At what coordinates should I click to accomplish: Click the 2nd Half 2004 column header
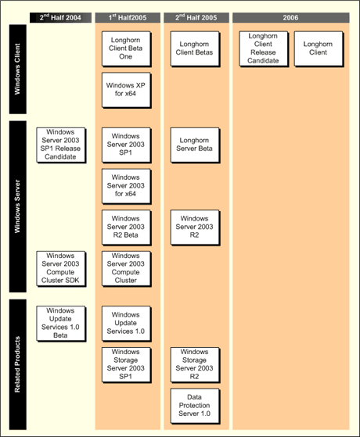[x=60, y=17]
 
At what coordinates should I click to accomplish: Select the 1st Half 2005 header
[x=128, y=17]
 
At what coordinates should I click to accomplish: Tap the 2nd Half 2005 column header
[x=196, y=17]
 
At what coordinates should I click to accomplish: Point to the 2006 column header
[x=291, y=17]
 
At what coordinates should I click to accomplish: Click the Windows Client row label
[x=18, y=69]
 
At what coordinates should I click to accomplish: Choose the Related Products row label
[x=18, y=364]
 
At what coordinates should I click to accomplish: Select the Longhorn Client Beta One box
[x=127, y=49]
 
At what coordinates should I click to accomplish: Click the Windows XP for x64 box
[x=127, y=90]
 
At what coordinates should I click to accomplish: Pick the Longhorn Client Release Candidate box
[x=264, y=49]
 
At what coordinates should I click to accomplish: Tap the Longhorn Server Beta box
[x=195, y=145]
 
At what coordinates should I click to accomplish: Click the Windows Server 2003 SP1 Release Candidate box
[x=61, y=145]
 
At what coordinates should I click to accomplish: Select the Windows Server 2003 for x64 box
[x=127, y=186]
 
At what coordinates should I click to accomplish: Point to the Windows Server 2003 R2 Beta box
[x=127, y=227]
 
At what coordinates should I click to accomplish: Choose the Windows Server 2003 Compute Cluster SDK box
[x=61, y=269]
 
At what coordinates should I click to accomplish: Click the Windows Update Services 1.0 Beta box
[x=61, y=324]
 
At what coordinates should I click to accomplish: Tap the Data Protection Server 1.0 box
[x=195, y=406]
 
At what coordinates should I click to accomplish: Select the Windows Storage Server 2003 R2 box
[x=195, y=365]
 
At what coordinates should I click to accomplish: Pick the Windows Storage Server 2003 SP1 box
[x=127, y=365]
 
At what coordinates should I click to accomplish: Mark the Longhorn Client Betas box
[x=195, y=49]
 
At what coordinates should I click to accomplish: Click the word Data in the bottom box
[x=194, y=397]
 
